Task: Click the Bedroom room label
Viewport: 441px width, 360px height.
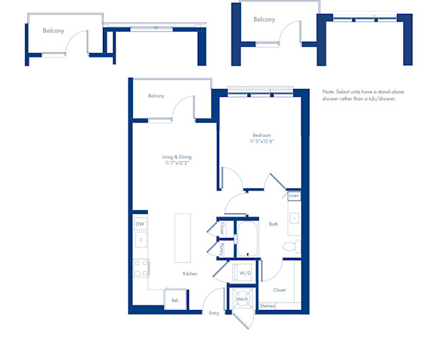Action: pyautogui.click(x=262, y=135)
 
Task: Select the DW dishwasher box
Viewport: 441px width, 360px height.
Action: pyautogui.click(x=140, y=223)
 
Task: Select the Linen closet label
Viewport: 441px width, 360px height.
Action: pyautogui.click(x=293, y=196)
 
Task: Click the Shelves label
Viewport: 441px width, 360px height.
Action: pyautogui.click(x=266, y=306)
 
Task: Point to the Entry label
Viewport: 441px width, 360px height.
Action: pyautogui.click(x=214, y=313)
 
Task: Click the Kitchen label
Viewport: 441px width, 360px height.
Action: pyautogui.click(x=190, y=273)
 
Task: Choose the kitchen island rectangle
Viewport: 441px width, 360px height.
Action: pyautogui.click(x=182, y=238)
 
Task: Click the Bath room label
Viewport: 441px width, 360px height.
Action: pyautogui.click(x=273, y=224)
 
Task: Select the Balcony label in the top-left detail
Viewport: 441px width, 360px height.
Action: pyautogui.click(x=53, y=31)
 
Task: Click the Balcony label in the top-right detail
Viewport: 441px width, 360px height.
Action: pyautogui.click(x=264, y=20)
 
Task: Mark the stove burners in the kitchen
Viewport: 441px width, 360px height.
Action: pyautogui.click(x=140, y=268)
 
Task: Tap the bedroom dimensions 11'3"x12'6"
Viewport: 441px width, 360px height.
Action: pyautogui.click(x=262, y=142)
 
